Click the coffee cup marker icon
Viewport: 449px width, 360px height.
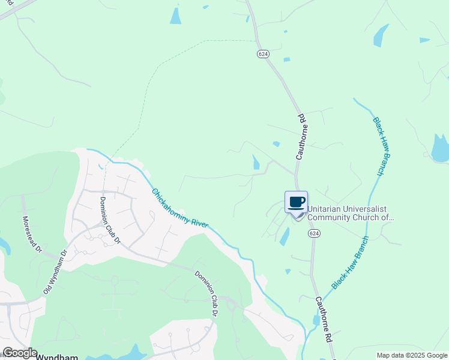297,202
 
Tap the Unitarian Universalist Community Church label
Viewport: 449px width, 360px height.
350,213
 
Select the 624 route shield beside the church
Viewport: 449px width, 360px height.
313,232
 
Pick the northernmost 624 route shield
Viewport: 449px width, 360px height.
263,54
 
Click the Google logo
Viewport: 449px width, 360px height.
19,353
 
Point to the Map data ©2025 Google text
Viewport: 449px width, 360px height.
412,355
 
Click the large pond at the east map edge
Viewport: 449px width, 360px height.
440,148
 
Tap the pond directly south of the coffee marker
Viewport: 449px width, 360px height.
284,237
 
